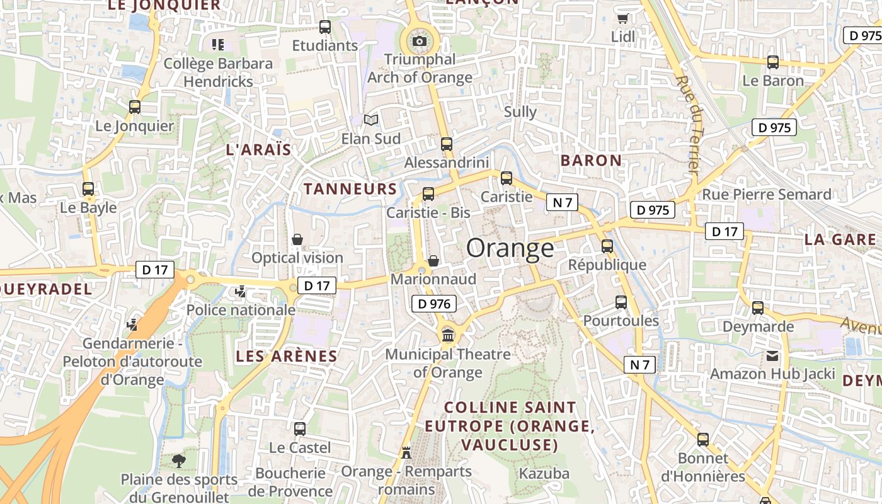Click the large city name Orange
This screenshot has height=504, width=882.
(510, 248)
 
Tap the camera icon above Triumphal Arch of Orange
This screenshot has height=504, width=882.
(419, 42)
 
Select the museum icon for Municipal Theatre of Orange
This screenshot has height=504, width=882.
(448, 335)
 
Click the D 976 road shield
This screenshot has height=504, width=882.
(433, 304)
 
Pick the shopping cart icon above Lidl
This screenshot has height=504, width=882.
(623, 18)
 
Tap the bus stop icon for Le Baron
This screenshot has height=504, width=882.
(773, 62)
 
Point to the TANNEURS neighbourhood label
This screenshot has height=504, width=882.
(350, 189)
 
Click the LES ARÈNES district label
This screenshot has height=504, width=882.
(287, 356)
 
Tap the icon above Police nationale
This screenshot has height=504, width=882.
(240, 292)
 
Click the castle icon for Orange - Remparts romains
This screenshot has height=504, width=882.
(406, 452)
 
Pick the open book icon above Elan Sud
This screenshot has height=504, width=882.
(371, 120)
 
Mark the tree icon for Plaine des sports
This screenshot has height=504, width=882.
(179, 461)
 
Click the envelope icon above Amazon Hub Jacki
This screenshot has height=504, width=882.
(772, 355)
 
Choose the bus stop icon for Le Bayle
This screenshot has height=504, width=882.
(88, 188)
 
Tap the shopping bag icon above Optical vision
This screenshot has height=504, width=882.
(297, 239)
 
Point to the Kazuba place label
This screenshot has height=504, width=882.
(544, 473)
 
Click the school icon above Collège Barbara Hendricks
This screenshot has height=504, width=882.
(218, 45)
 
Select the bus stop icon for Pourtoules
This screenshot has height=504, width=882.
(621, 302)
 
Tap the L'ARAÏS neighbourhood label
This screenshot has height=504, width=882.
(258, 150)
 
